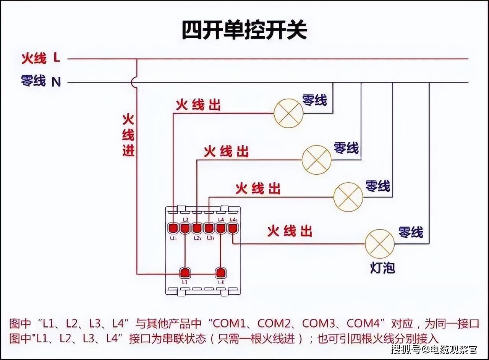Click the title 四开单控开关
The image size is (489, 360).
244,31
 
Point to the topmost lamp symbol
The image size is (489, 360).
288,113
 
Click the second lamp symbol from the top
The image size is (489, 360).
317,160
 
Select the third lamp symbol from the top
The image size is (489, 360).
348,197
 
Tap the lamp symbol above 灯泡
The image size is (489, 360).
380,244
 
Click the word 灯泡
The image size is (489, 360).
382,268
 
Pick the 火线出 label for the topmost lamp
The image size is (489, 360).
198,105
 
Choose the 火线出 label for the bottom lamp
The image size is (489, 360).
290,231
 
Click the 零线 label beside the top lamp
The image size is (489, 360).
315,100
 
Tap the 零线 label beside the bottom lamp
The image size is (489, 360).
411,232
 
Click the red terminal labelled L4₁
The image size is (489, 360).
232,228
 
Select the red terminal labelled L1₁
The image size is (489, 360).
173,229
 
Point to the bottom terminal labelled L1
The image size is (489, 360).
185,272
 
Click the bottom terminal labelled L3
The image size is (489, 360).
220,272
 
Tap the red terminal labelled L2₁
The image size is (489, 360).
197,229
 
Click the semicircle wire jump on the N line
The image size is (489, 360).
133,82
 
